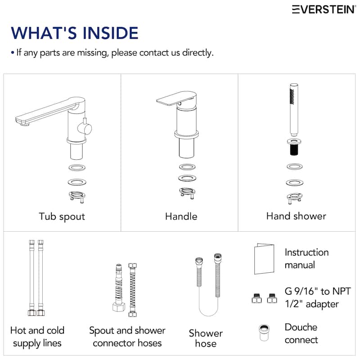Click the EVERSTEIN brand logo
(x=324, y=9)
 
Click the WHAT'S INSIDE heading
(x=74, y=33)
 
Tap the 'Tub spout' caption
(x=62, y=216)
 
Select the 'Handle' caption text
(x=181, y=216)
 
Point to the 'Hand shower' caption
(x=296, y=216)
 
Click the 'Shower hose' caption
(x=206, y=338)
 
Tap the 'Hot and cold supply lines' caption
(x=37, y=337)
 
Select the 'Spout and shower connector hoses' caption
(x=127, y=337)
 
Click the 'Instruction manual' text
(x=306, y=258)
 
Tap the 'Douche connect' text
(x=301, y=333)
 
